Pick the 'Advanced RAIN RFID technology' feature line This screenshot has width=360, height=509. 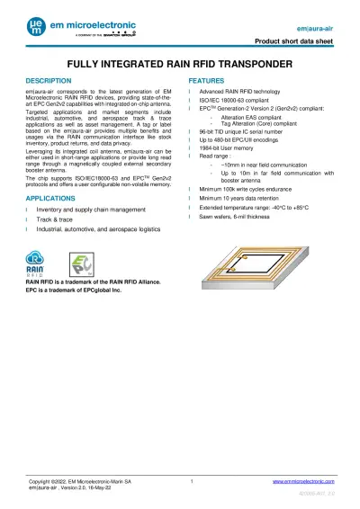tap(244, 92)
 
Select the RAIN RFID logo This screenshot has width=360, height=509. tap(40, 265)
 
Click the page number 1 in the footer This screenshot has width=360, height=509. tap(193, 483)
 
